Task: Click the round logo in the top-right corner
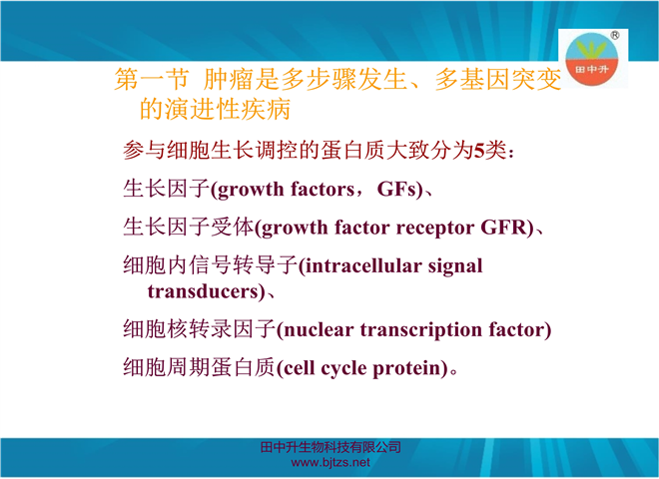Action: click(x=591, y=59)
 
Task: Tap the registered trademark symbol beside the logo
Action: click(x=614, y=35)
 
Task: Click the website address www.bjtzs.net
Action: click(x=330, y=463)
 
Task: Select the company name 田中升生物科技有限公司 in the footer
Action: click(x=330, y=447)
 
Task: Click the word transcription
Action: click(x=420, y=330)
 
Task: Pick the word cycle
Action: click(x=343, y=369)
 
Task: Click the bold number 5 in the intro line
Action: click(x=479, y=151)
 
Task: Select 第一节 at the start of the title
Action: click(x=152, y=79)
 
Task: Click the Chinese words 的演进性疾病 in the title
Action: click(x=215, y=109)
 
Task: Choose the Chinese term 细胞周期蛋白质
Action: click(x=199, y=367)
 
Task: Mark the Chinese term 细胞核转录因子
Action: click(x=199, y=328)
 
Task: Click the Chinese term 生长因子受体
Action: click(x=189, y=227)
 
